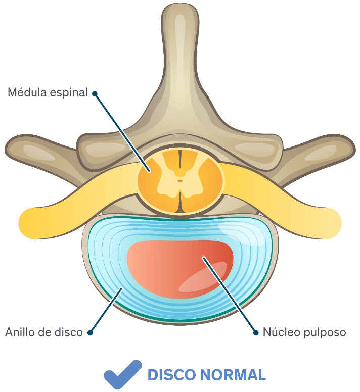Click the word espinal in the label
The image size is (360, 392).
69,93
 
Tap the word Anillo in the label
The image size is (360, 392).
20,332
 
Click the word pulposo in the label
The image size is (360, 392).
325,333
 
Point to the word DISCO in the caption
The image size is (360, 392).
171,375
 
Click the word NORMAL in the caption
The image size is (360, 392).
233,375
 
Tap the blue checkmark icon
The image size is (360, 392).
122,374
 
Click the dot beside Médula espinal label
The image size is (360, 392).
95,94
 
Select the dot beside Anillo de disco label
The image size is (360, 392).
90,333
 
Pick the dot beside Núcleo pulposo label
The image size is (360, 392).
256,333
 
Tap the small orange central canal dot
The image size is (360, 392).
180,180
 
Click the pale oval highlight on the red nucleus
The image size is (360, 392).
203,277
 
